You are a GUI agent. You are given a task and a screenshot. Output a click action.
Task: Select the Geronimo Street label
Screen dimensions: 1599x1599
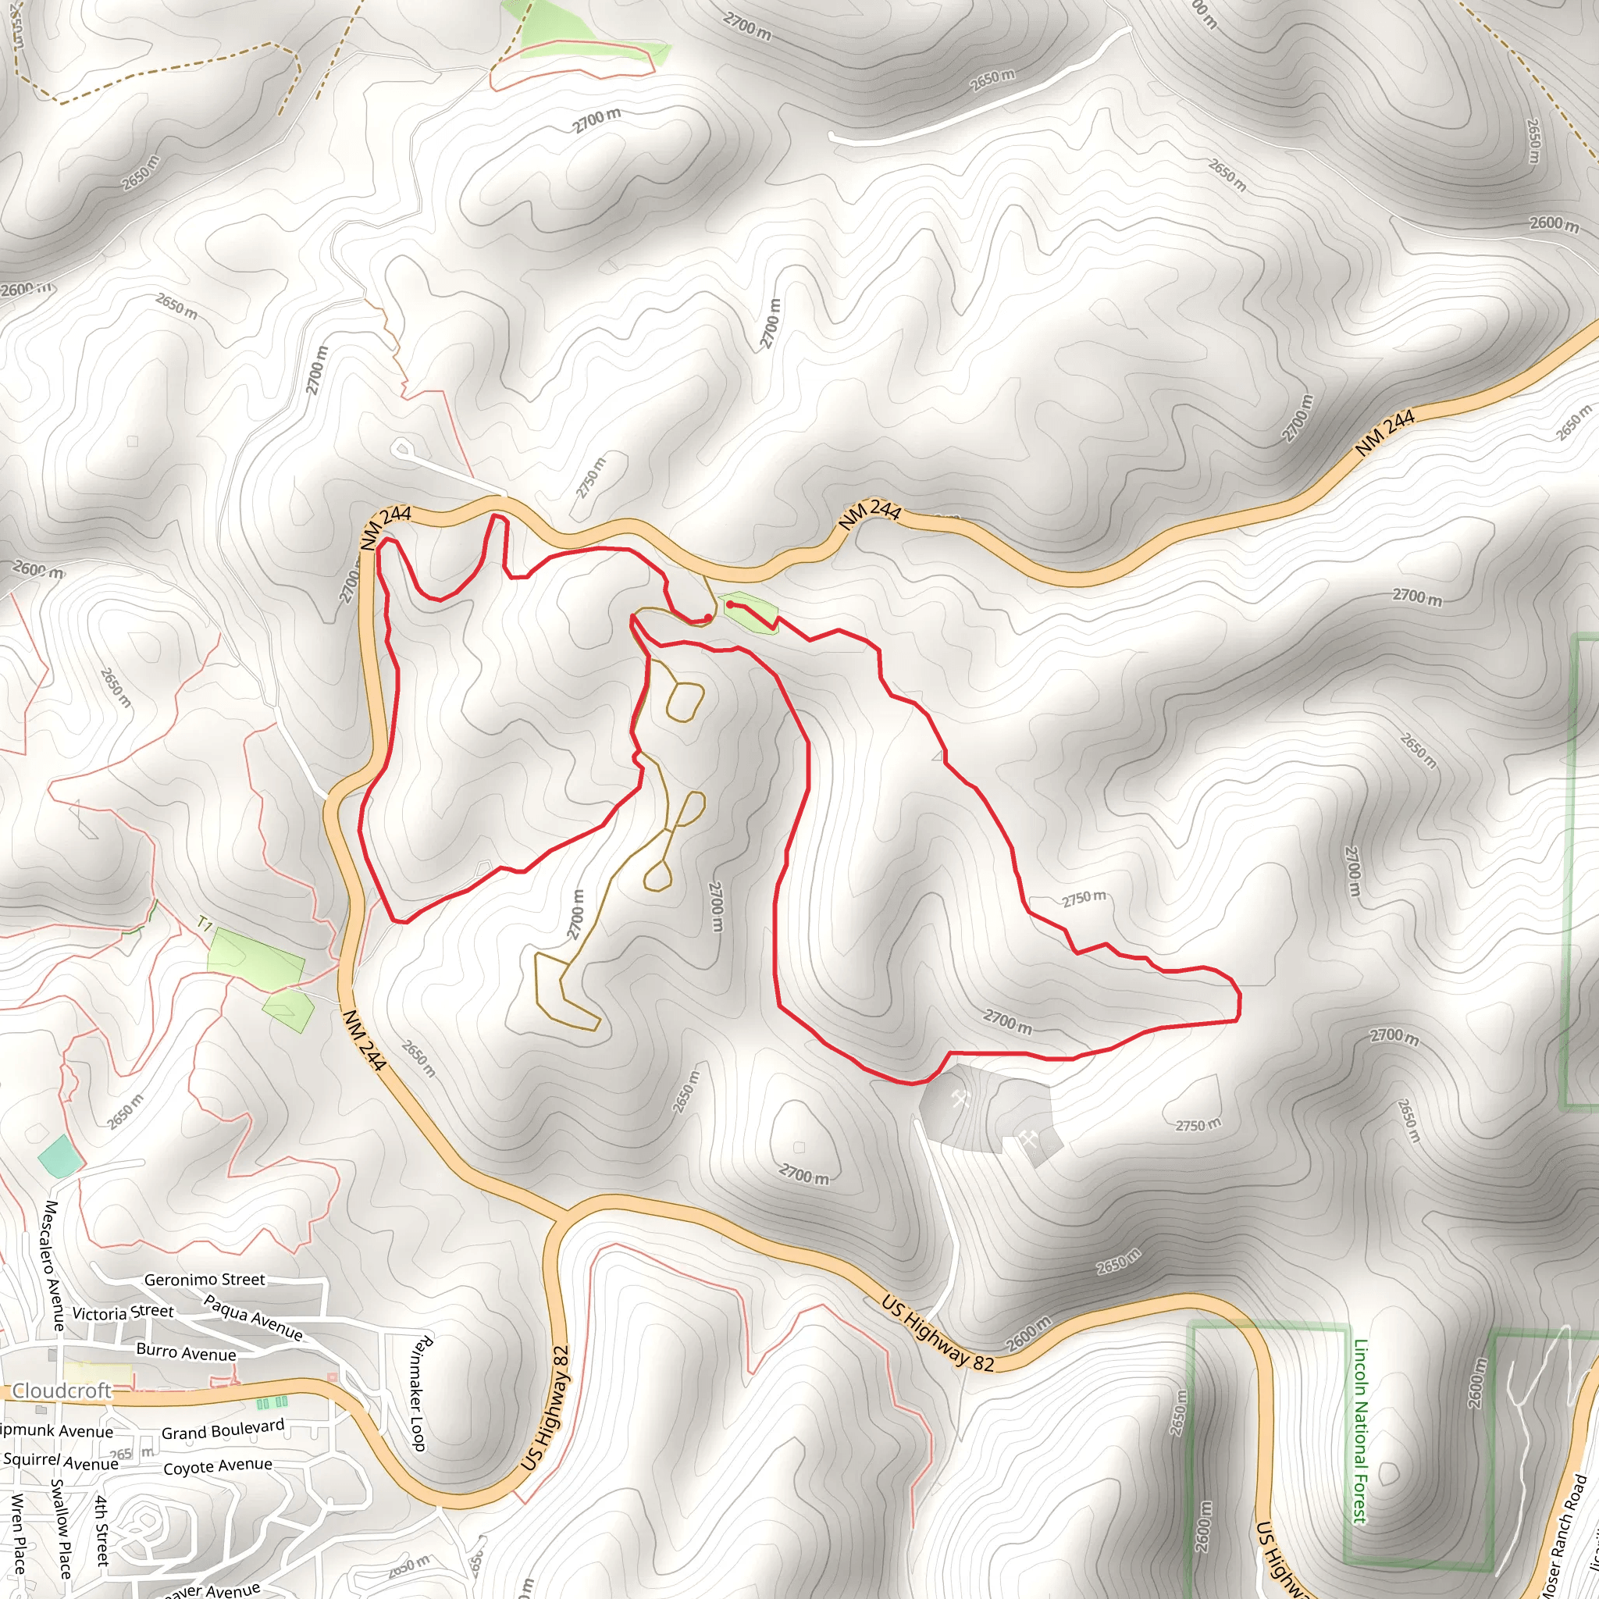[x=205, y=1280]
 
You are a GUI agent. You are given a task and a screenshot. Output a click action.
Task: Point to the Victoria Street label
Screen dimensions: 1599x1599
[x=123, y=1312]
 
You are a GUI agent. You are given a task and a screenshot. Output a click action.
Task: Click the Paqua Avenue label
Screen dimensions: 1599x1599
[x=253, y=1318]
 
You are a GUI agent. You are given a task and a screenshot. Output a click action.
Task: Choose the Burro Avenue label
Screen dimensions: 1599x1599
[x=187, y=1352]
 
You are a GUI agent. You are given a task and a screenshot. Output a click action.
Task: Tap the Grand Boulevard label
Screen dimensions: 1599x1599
[x=223, y=1430]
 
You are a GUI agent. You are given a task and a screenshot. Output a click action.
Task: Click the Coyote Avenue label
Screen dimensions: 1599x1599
[x=218, y=1466]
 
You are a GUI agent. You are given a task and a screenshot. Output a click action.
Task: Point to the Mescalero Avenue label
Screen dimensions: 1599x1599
[x=53, y=1266]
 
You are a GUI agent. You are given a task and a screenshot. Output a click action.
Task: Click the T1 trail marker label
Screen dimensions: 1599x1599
[x=205, y=924]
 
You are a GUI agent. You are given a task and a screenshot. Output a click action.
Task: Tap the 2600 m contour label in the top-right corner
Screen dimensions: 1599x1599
[x=1554, y=223]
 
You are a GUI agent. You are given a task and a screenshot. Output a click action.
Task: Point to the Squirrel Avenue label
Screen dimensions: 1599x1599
[x=60, y=1462]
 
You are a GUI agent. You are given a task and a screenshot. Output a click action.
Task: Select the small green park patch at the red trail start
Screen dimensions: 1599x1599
[x=749, y=611]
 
